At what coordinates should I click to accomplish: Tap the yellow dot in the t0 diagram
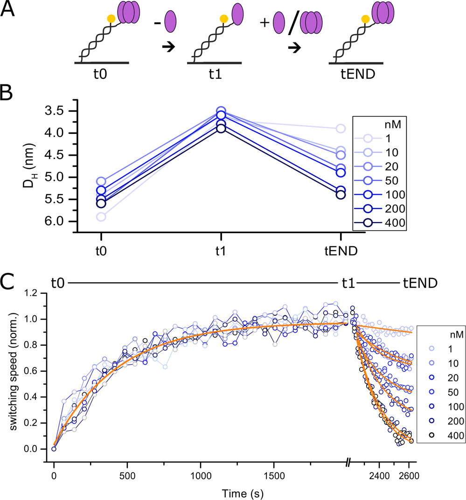click(111, 19)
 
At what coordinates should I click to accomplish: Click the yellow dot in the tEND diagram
click(365, 19)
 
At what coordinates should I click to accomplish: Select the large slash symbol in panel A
click(292, 23)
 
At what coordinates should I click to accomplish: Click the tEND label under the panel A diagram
click(357, 73)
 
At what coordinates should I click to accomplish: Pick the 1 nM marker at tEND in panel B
click(341, 128)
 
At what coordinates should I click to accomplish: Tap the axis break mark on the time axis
click(349, 463)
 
